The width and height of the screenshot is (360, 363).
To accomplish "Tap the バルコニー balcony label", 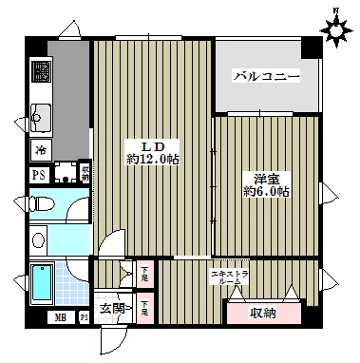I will point(267,75).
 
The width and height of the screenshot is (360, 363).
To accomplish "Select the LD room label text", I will point(153,145).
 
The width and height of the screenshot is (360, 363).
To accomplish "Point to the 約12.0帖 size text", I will point(153,160).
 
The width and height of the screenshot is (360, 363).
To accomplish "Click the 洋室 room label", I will point(265,177).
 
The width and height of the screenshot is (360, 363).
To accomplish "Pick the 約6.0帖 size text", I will point(265,191).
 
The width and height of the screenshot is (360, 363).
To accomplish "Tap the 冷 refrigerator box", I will point(41,149).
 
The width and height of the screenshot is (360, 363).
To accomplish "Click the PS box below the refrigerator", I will point(39,174).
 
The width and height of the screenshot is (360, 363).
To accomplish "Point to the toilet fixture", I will point(41,201).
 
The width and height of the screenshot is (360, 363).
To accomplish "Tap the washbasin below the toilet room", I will point(39,239).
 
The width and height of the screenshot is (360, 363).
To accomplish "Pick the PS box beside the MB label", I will point(83,317).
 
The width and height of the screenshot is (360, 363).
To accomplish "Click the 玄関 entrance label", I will point(113,306).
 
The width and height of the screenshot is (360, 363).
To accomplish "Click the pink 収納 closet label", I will point(263,313).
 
